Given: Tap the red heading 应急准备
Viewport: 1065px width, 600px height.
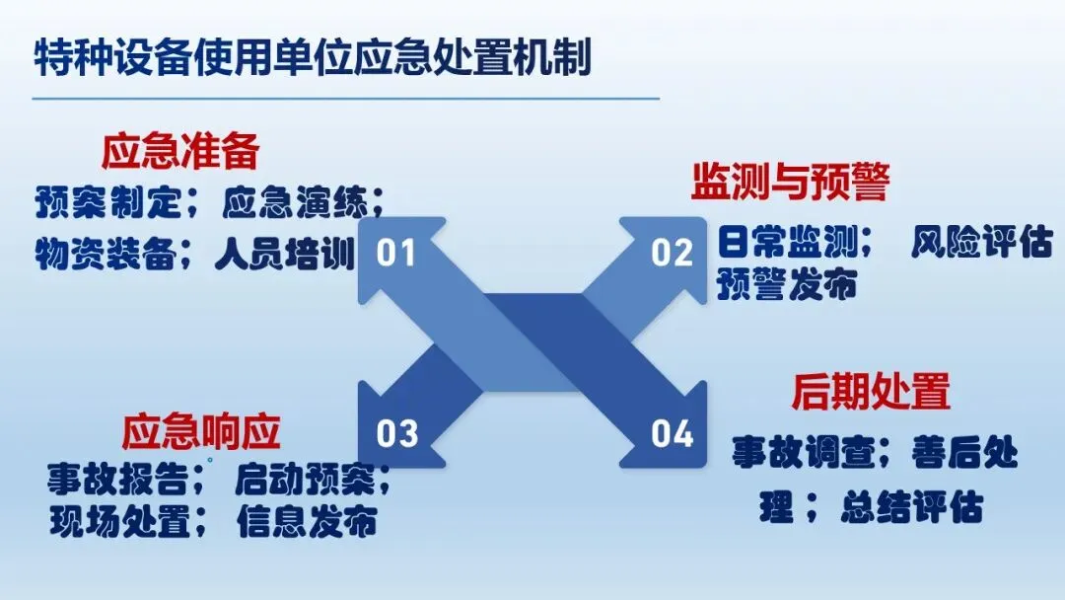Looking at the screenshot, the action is pyautogui.click(x=180, y=152).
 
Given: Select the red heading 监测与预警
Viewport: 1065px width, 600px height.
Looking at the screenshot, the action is pyautogui.click(x=790, y=182).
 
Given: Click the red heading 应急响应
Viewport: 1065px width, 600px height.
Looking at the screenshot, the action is pyautogui.click(x=202, y=432).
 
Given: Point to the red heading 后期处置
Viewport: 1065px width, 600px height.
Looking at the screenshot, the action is pyautogui.click(x=871, y=392).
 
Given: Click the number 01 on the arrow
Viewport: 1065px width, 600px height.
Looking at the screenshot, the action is pyautogui.click(x=397, y=254).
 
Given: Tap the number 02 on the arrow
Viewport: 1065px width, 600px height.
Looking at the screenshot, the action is pyautogui.click(x=673, y=254).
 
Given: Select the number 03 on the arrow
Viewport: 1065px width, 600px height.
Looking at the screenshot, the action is pyautogui.click(x=397, y=433).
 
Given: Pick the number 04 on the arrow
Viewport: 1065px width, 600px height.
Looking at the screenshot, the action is pyautogui.click(x=673, y=433).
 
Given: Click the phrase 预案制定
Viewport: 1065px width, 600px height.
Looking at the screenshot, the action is pyautogui.click(x=108, y=204).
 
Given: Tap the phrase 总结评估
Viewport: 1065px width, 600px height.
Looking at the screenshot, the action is pyautogui.click(x=911, y=508).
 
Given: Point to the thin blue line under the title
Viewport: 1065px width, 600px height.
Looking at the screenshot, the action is pyautogui.click(x=345, y=99).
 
